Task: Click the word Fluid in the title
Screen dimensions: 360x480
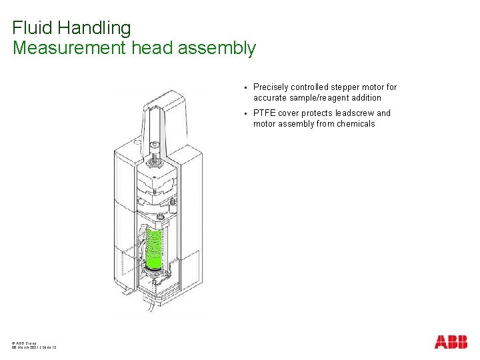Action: coord(31,28)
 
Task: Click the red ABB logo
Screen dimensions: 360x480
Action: coord(451,342)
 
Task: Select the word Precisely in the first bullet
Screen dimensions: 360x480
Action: coord(271,87)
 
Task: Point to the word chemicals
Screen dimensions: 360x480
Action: coord(355,124)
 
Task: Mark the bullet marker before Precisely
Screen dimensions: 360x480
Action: coord(245,87)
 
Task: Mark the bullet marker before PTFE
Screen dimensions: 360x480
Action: coord(245,113)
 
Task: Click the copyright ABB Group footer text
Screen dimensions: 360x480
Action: coord(25,342)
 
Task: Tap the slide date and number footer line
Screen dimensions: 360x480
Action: coord(34,347)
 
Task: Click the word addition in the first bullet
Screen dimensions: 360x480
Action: coord(365,98)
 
